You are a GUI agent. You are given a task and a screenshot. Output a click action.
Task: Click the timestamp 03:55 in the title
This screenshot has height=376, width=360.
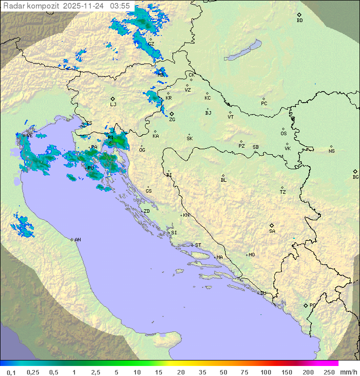point(120,6)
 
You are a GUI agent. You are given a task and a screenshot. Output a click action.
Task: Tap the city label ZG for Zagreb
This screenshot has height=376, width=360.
point(172,120)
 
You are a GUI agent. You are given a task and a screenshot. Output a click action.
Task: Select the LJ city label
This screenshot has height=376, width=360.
point(113,105)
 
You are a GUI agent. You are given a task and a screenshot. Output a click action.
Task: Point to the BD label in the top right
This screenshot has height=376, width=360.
point(299,21)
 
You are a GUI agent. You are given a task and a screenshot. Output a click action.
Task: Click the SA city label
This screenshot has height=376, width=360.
point(272,231)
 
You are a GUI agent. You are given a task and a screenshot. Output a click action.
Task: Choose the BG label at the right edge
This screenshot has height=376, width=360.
point(355,177)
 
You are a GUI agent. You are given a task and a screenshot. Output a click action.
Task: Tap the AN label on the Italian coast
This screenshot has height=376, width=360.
point(77,240)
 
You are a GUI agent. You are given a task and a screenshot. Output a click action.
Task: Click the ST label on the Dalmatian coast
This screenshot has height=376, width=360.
point(198,245)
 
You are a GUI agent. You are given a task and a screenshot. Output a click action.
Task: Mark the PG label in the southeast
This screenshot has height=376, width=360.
point(312,305)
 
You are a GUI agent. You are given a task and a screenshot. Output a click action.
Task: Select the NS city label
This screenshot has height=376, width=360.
point(331,151)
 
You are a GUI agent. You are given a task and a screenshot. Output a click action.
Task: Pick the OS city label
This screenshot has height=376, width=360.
point(283,134)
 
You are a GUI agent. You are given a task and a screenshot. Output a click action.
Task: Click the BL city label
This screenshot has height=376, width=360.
point(223,180)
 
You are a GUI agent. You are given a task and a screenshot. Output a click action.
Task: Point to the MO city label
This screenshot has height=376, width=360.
point(251,255)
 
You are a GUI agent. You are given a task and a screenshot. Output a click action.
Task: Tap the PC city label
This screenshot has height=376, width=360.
point(264,104)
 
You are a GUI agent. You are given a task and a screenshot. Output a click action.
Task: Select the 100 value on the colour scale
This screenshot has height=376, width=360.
point(265,372)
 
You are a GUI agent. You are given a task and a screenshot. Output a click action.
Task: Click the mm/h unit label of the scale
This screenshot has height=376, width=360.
point(347,372)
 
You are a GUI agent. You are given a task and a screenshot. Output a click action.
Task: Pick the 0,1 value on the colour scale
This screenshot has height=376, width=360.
point(11,372)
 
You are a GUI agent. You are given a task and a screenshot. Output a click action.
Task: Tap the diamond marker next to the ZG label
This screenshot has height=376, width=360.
point(171,114)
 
